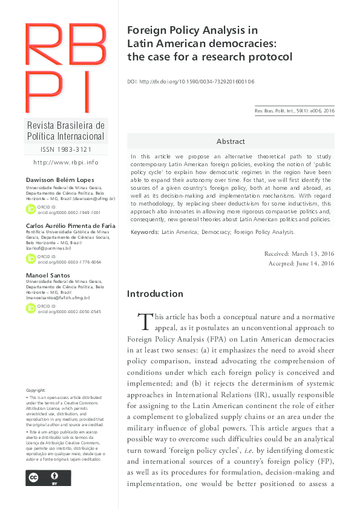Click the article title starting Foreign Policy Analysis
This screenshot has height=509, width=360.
coord(209,44)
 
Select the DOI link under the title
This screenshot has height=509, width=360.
coord(191,81)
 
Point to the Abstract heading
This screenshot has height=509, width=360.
coord(231,141)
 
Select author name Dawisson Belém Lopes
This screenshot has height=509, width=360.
coord(56,181)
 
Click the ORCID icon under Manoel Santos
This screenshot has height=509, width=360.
coord(31,308)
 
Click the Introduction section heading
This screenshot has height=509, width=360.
coord(154,294)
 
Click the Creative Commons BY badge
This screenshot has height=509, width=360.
coord(48,477)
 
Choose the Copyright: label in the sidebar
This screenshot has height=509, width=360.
coord(36,391)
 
